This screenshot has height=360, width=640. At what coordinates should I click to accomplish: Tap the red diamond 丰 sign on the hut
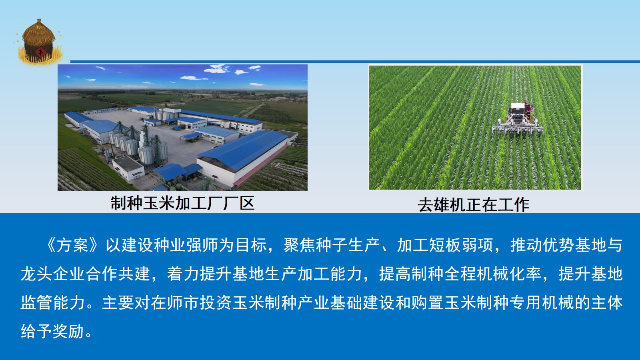(40, 52)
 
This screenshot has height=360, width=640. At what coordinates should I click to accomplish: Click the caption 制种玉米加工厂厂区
(182, 203)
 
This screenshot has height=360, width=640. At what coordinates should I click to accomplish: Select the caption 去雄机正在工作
(474, 205)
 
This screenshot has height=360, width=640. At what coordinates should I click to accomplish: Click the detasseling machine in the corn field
(518, 120)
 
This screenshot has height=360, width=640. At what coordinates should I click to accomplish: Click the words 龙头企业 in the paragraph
(52, 274)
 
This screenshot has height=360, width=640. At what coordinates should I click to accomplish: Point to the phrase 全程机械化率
(493, 274)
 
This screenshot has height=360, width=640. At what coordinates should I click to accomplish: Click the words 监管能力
(52, 302)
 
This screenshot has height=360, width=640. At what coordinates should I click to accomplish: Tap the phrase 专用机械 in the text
(542, 302)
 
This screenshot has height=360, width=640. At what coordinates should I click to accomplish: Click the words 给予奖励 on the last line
(52, 331)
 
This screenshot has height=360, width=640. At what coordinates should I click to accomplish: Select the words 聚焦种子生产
(332, 245)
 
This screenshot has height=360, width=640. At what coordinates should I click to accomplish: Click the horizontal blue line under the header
(355, 62)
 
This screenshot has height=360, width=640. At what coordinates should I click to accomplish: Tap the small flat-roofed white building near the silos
(128, 168)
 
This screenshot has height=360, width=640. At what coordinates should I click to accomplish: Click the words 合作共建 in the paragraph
(118, 274)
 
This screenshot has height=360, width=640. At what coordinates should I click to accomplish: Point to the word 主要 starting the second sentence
(118, 302)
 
